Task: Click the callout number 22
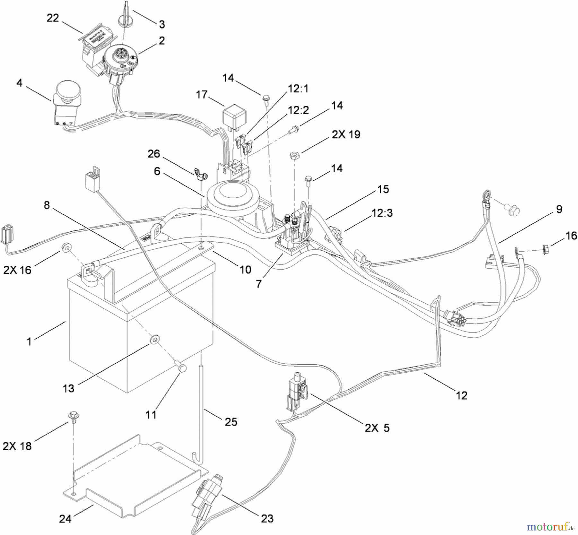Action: tap(53, 18)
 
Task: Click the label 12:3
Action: tap(382, 213)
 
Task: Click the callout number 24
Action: tap(65, 519)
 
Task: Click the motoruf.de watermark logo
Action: tap(550, 527)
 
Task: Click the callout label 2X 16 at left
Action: tap(17, 270)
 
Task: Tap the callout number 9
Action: tap(559, 209)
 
